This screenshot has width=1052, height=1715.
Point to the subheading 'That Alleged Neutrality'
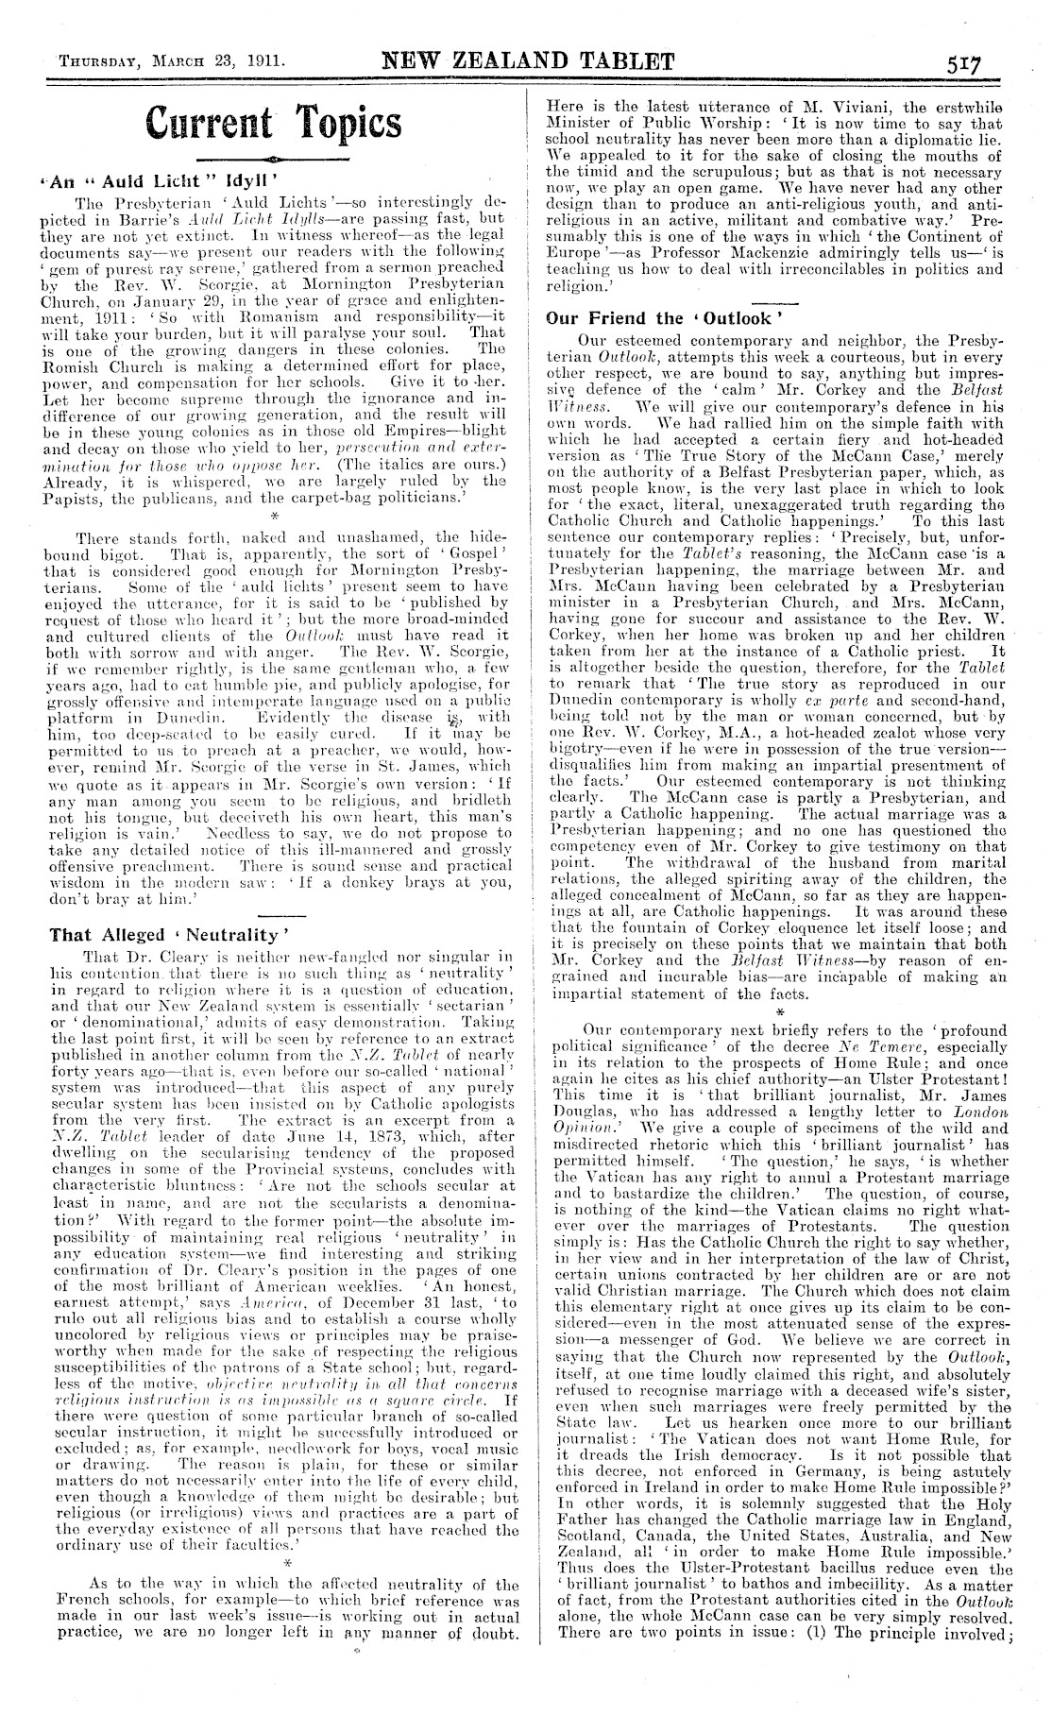pyautogui.click(x=165, y=935)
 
